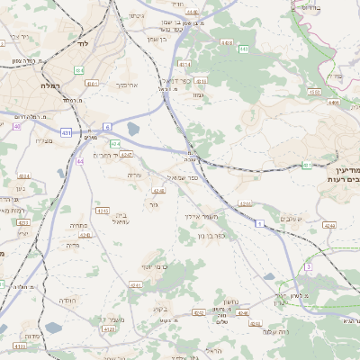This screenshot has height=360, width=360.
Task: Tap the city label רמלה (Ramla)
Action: (x=49, y=85)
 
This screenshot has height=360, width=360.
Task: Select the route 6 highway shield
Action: (x=107, y=127)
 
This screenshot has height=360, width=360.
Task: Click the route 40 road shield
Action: (x=16, y=126)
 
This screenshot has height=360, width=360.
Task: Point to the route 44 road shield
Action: (x=80, y=161)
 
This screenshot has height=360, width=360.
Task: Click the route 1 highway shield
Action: (x=259, y=222)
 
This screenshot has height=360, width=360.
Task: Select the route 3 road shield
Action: (x=308, y=267)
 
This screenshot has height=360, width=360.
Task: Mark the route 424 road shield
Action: (x=115, y=143)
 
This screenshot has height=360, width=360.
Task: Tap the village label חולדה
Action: (x=67, y=300)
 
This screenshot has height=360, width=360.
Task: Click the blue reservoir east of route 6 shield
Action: (x=134, y=129)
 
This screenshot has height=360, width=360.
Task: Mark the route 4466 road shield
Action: (x=334, y=103)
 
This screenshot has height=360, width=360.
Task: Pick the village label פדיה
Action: (x=73, y=244)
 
